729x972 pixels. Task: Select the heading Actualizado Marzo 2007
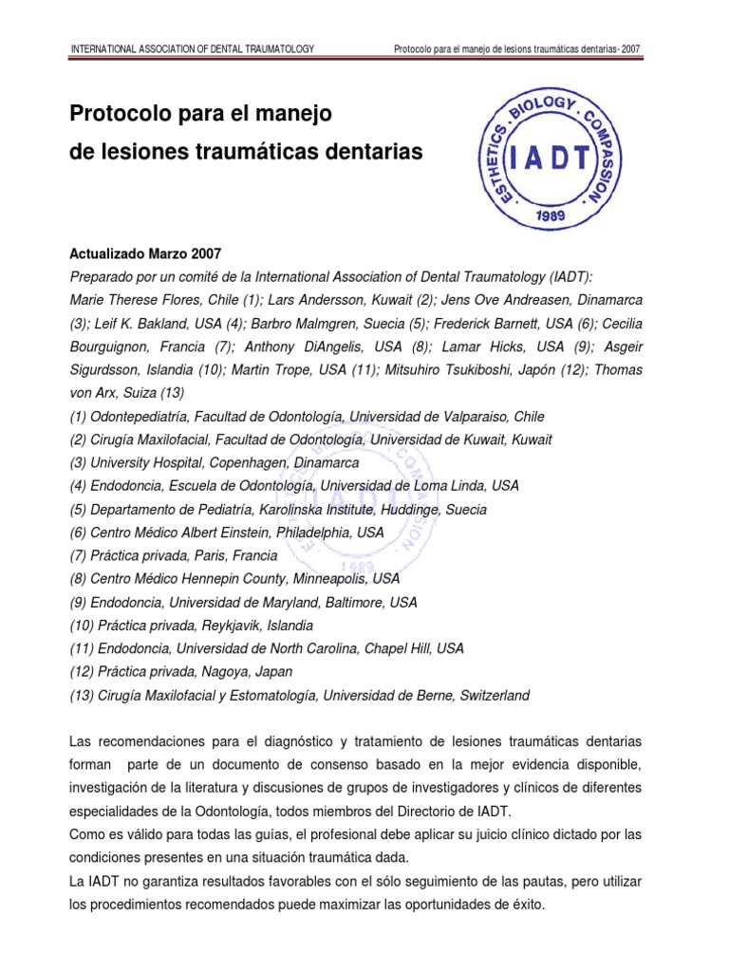pos(146,254)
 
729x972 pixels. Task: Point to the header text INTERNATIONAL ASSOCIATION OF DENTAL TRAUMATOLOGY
pos(194,49)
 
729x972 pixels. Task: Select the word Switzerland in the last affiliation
pos(495,696)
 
